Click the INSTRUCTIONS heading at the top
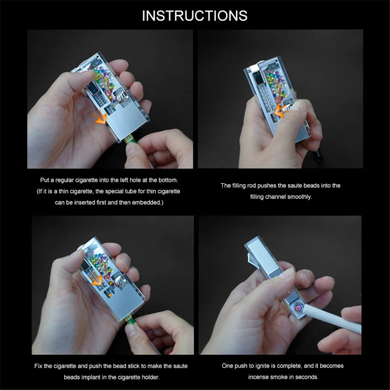click(195, 15)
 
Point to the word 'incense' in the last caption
click(261, 377)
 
